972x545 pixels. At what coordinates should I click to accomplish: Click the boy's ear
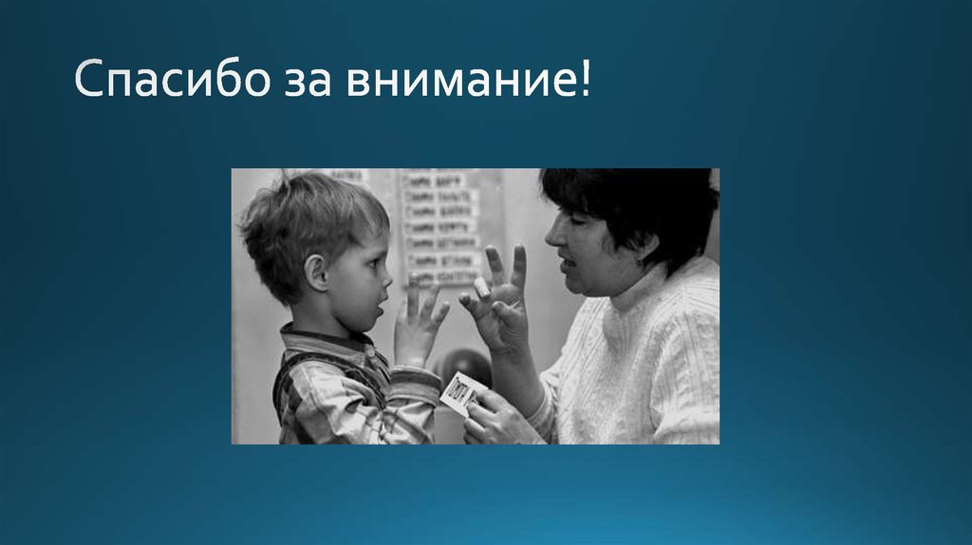(316, 272)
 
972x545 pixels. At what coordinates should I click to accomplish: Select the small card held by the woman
(462, 391)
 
